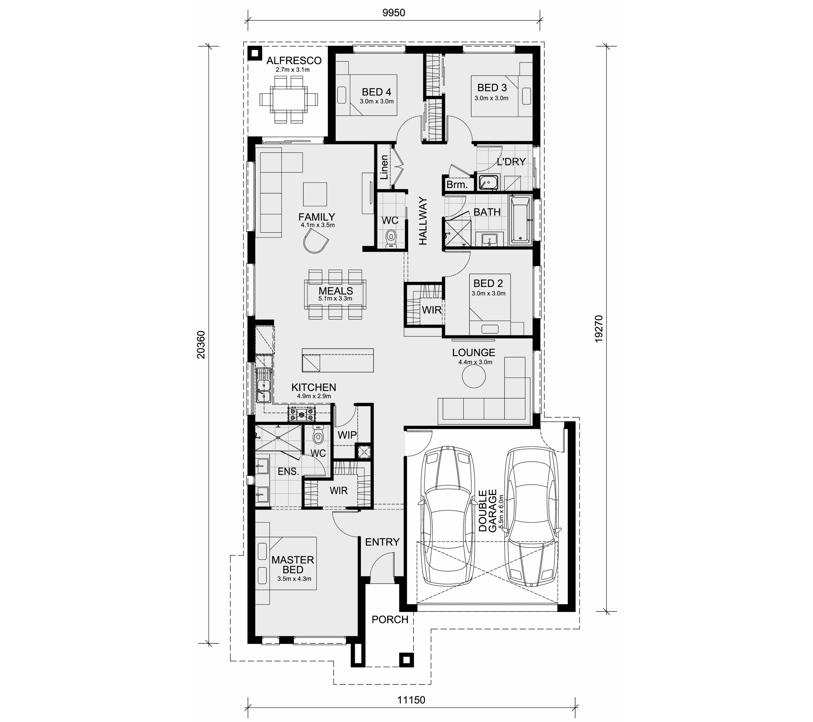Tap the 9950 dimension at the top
pos(394,13)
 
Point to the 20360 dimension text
pos(201,345)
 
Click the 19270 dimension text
pos(599,329)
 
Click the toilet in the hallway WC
pos(391,238)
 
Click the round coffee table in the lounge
pos(474,376)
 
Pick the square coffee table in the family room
pos(315,195)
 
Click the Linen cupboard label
pos(384,167)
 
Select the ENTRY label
pos(382,542)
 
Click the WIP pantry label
pos(347,435)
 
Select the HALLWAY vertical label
pos(422,221)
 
